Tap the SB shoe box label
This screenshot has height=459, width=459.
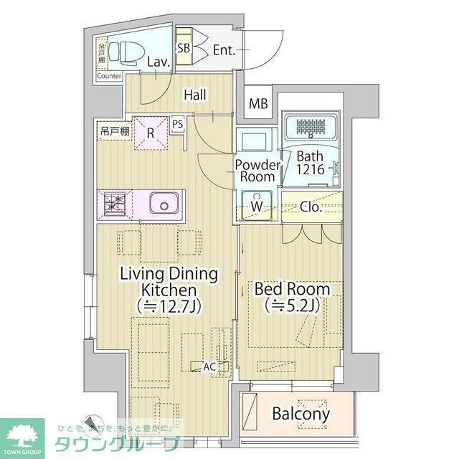[184, 49]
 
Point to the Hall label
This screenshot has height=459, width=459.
[195, 94]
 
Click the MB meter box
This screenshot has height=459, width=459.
[258, 104]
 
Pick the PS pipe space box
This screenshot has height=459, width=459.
[178, 123]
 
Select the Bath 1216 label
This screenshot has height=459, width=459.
[310, 163]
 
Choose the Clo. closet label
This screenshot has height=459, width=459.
[310, 207]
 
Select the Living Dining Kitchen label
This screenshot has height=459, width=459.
[169, 290]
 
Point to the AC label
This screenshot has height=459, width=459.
[209, 366]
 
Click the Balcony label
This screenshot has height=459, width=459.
[301, 414]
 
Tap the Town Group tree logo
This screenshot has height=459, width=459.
[22, 432]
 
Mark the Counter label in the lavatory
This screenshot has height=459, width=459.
[109, 76]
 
